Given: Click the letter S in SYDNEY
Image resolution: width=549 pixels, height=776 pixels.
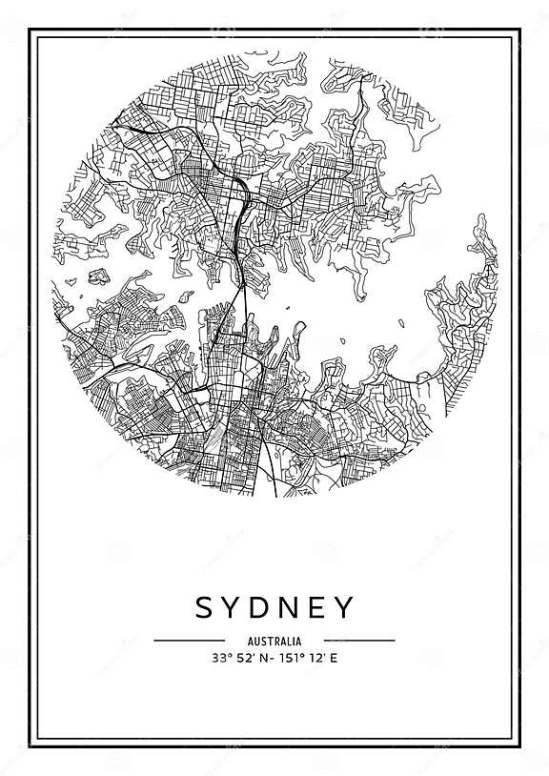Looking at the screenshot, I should pyautogui.click(x=205, y=607).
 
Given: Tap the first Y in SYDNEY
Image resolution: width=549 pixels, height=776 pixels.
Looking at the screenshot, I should pyautogui.click(x=234, y=607).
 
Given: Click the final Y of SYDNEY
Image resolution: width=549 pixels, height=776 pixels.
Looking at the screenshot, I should pyautogui.click(x=347, y=607).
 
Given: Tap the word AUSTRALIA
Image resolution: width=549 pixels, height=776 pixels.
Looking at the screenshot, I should pyautogui.click(x=274, y=641).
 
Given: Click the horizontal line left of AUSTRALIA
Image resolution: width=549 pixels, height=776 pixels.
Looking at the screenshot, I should pyautogui.click(x=189, y=641).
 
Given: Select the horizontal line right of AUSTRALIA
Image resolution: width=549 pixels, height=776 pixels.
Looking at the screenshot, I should pyautogui.click(x=359, y=641).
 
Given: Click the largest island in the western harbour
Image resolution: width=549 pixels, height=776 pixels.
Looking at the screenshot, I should pyautogui.click(x=96, y=277).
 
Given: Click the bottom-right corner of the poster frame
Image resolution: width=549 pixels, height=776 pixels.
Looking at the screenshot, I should pyautogui.click(x=520, y=746).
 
